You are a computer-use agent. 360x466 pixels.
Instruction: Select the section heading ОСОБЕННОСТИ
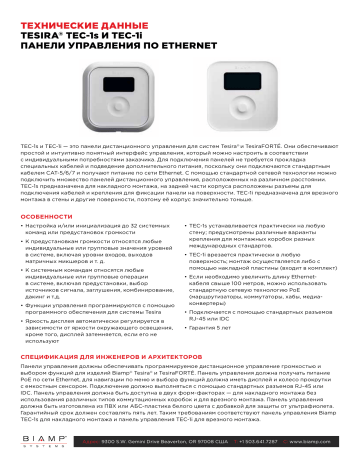point(46,217)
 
